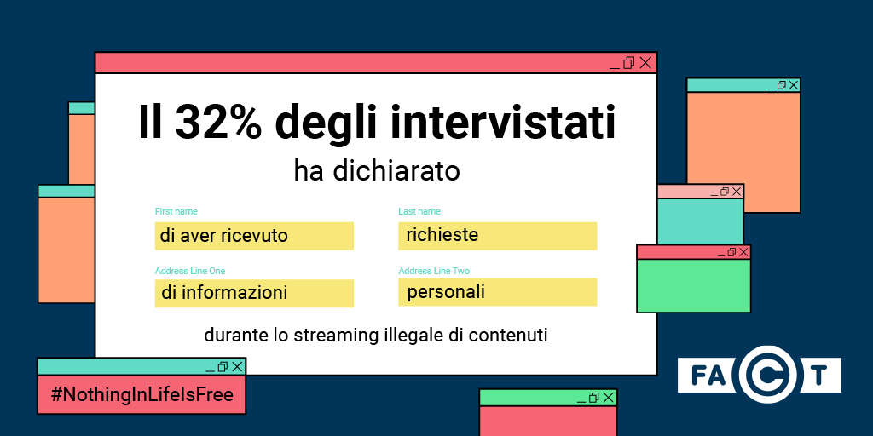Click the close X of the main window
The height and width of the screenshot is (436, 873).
coord(645,63)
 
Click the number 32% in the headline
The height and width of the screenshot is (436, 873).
coord(218,122)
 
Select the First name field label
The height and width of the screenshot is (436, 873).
coord(176,211)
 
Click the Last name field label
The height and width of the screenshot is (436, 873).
coord(419,211)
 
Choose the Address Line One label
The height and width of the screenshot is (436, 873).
coord(190,271)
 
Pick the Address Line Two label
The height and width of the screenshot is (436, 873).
coord(434,271)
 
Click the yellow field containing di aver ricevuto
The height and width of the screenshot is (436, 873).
coord(254,236)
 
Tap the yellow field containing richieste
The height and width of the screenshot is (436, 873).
coord(497,236)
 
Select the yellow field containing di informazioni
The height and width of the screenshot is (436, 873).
coord(254,293)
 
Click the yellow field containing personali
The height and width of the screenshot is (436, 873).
coord(497,292)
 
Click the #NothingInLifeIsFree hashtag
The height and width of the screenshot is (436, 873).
coord(142,395)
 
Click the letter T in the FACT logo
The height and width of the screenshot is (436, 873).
coord(818,376)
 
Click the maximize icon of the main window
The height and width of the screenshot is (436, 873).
coord(628,63)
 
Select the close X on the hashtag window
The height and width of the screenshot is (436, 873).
coord(237,366)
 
